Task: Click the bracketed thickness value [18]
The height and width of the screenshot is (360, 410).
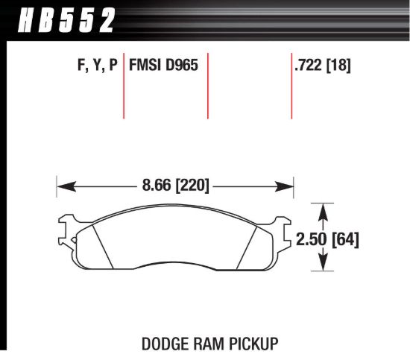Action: (x=339, y=66)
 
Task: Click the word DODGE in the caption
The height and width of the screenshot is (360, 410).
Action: (x=162, y=344)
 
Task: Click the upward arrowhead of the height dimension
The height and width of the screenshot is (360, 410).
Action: (x=324, y=209)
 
